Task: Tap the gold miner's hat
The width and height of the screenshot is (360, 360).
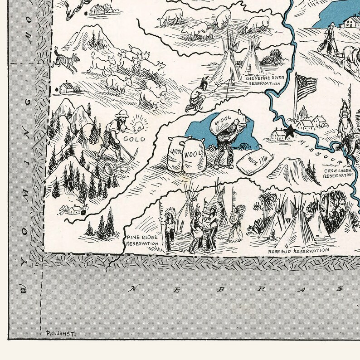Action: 120,113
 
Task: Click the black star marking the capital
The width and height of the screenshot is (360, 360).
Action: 289,132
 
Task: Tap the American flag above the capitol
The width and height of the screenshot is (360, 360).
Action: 305,86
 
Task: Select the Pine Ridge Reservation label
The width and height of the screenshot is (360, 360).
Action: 142,240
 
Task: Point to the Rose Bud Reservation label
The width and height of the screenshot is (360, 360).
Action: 298,250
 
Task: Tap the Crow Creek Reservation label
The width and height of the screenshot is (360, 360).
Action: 338,173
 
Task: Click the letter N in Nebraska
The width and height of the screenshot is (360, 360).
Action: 134,287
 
